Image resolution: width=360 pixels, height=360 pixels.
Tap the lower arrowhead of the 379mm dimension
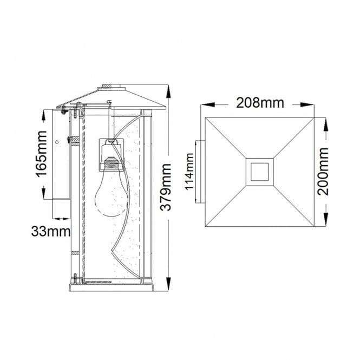(168, 285)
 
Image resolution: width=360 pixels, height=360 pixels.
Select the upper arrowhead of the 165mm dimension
(43, 114)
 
